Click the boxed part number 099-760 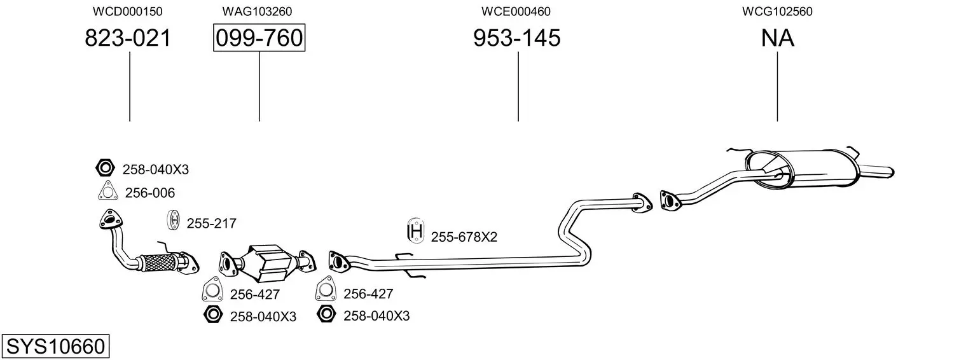click(259, 38)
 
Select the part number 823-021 click(128, 38)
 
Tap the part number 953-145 click(516, 38)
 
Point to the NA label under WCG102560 click(777, 38)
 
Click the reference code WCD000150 click(128, 11)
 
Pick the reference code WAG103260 click(257, 11)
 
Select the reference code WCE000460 click(516, 11)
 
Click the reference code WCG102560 click(776, 11)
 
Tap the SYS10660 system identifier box click(55, 347)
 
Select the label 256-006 click(149, 193)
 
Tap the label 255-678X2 click(464, 237)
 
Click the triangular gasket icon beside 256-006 click(107, 191)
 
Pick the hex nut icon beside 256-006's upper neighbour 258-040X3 click(104, 169)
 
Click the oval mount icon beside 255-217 click(172, 219)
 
